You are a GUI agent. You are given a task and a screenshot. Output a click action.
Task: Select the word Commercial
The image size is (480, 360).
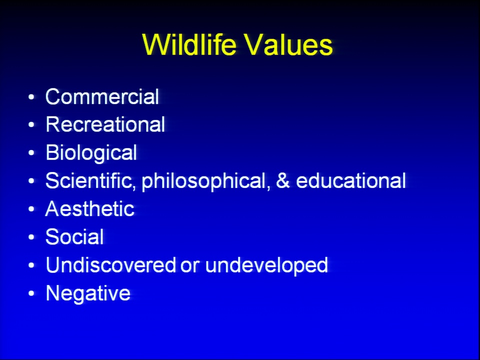pos(102,96)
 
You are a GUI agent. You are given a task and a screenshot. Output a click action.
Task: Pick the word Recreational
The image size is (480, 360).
pos(105,124)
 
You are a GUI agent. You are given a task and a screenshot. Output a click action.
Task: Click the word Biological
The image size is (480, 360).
pos(91,153)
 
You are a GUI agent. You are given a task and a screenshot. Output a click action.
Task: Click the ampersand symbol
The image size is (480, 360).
pos(283,180)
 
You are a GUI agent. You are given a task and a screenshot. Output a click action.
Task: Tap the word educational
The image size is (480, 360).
pos(351,180)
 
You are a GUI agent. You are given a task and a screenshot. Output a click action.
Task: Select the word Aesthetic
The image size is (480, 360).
pos(90,209)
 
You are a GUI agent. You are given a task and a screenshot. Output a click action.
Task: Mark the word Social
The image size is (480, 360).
pos(74,237)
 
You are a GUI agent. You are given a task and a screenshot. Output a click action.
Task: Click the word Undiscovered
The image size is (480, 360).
pos(111,265)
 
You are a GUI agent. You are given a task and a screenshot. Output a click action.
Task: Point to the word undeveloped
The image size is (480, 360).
pos(266,265)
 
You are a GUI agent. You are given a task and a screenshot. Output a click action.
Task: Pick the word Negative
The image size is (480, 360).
pos(88,293)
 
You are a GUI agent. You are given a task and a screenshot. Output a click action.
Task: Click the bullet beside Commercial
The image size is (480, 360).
pos(31,97)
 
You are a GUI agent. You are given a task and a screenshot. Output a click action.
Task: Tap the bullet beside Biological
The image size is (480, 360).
pos(31,153)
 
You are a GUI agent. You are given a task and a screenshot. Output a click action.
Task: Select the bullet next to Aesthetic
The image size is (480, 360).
pos(31,209)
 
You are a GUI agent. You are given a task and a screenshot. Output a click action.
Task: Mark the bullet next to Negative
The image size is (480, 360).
pos(31,293)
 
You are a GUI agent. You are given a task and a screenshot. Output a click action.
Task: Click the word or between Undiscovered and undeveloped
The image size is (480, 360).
pos(190,267)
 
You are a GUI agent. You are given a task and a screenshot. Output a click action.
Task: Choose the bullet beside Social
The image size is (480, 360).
pos(31,237)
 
